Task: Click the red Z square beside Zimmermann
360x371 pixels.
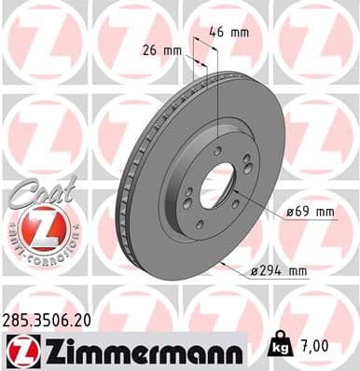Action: click(20, 350)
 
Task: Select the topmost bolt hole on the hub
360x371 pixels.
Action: click(218, 150)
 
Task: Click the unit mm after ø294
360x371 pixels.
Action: click(298, 270)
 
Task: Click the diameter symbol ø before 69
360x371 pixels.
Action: click(291, 213)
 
